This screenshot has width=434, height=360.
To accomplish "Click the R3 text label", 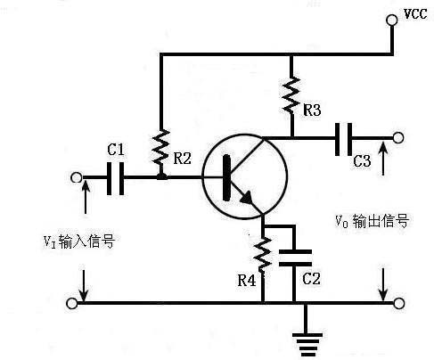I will tap(313, 110).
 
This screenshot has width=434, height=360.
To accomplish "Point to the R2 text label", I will tap(182, 159).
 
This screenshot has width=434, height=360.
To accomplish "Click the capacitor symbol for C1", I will tap(115, 177).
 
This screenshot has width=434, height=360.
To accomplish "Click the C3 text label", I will tap(362, 161).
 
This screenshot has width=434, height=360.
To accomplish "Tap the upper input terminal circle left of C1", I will tap(77, 177).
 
